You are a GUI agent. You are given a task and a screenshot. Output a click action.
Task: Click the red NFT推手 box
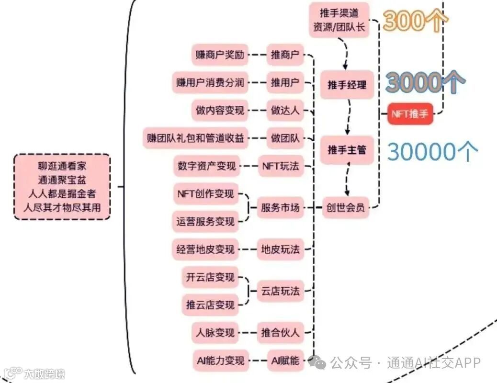click(x=410, y=113)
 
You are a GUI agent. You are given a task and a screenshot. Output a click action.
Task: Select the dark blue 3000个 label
click(x=425, y=82)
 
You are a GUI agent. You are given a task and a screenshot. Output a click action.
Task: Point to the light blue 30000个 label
click(x=432, y=151)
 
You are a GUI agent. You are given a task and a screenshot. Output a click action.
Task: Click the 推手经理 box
click(x=347, y=85)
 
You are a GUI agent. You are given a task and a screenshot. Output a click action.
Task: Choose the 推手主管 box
click(x=347, y=150)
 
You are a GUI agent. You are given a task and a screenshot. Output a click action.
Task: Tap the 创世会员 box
click(x=345, y=207)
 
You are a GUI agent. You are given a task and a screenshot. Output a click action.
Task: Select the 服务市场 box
click(x=280, y=208)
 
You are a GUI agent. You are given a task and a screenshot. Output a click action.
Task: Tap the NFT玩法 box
click(x=280, y=166)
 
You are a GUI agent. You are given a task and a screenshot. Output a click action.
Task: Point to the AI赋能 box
click(x=285, y=360)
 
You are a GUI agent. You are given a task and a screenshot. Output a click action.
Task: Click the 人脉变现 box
click(x=215, y=332)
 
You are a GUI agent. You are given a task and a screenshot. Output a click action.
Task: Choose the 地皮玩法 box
click(x=280, y=249)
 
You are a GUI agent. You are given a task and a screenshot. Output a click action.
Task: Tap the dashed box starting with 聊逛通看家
click(x=62, y=187)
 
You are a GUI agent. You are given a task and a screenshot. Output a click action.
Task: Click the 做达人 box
click(x=285, y=110)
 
